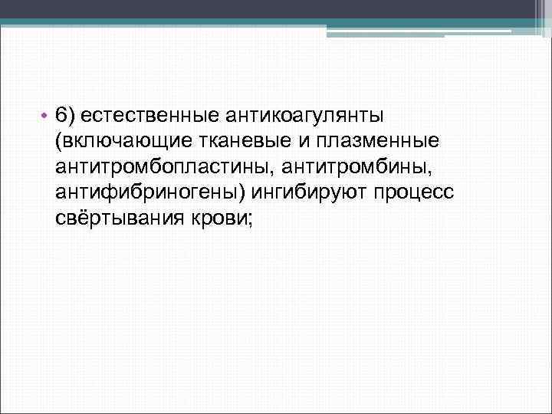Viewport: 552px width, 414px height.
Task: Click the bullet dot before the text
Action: click(46, 117)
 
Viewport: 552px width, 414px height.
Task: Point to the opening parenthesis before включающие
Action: click(58, 141)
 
